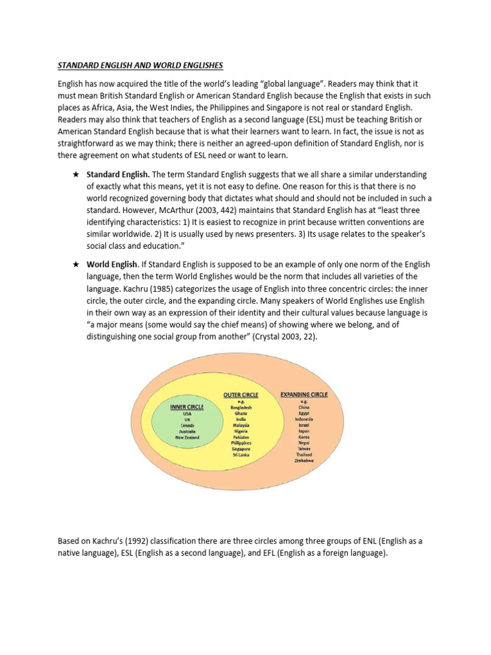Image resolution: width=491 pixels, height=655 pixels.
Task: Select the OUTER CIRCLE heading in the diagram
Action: point(242,396)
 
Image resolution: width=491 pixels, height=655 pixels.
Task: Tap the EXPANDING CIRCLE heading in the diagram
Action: point(304,395)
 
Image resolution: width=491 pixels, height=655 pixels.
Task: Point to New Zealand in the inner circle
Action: point(187,438)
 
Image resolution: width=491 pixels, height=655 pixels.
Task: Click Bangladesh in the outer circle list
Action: point(242,407)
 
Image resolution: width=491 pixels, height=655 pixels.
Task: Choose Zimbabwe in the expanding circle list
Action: point(304,459)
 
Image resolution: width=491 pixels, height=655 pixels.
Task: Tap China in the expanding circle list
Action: point(304,406)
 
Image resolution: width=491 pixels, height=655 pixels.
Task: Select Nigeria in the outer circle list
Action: point(242,431)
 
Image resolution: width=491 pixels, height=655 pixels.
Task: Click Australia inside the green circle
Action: point(187,431)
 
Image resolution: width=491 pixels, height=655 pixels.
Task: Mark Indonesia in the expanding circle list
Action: point(304,418)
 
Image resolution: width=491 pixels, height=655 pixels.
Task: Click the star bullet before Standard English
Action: point(76,175)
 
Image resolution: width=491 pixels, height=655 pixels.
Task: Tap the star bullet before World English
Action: point(76,264)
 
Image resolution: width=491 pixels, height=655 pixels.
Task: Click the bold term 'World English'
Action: point(112,264)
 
